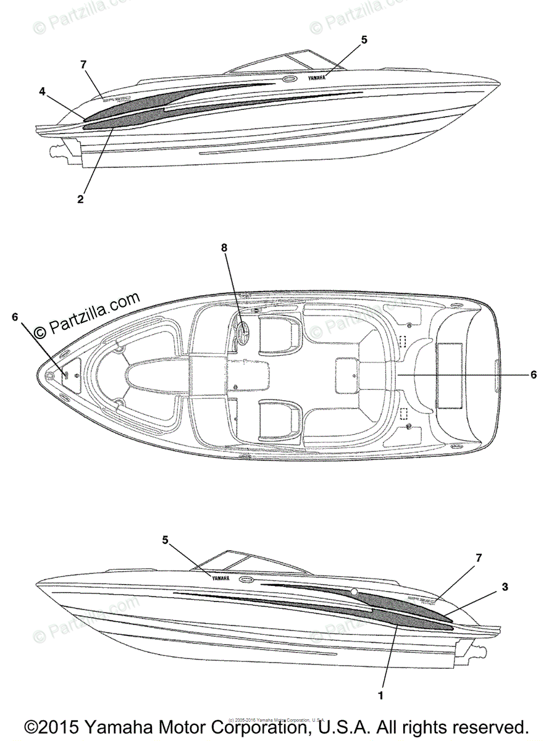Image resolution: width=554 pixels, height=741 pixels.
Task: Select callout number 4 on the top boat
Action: pyautogui.click(x=42, y=91)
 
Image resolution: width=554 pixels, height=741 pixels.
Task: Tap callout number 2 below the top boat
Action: pyautogui.click(x=80, y=199)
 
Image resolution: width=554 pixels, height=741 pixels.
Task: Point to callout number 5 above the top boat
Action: pyautogui.click(x=364, y=40)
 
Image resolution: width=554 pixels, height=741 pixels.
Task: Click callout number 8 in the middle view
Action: pyautogui.click(x=224, y=248)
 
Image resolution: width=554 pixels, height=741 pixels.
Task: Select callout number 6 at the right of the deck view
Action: pyautogui.click(x=534, y=374)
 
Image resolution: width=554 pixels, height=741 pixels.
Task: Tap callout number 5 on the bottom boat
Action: pyautogui.click(x=166, y=540)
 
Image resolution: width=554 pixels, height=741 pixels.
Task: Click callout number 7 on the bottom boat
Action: pyautogui.click(x=479, y=558)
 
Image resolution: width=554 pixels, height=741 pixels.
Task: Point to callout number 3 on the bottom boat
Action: pyautogui.click(x=505, y=587)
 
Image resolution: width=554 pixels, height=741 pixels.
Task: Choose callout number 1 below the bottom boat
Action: pyautogui.click(x=380, y=695)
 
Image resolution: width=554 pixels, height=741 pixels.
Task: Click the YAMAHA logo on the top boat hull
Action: pyautogui.click(x=316, y=78)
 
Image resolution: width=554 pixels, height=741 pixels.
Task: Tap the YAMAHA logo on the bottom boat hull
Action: pyautogui.click(x=220, y=579)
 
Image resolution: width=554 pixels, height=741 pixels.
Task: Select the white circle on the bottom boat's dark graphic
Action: pyautogui.click(x=354, y=592)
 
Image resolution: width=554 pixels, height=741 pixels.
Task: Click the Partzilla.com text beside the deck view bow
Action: pyautogui.click(x=86, y=316)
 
